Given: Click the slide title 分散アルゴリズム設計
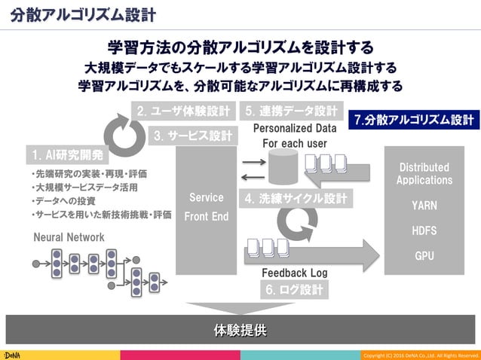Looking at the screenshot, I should pyautogui.click(x=84, y=14).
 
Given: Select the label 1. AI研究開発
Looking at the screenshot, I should pyautogui.click(x=67, y=156).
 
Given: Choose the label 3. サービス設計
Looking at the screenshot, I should pyautogui.click(x=192, y=136).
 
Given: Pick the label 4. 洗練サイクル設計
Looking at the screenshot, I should pyautogui.click(x=296, y=200).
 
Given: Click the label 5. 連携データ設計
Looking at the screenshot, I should pyautogui.click(x=291, y=111).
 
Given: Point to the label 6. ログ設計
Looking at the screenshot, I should pyautogui.click(x=294, y=289).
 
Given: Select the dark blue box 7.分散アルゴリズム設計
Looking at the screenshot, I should pyautogui.click(x=414, y=120).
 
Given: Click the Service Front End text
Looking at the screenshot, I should pyautogui.click(x=206, y=207).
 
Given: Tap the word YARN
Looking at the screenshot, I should pyautogui.click(x=424, y=206).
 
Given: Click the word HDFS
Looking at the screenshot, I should pyautogui.click(x=424, y=230).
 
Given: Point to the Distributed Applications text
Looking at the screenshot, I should pyautogui.click(x=424, y=173).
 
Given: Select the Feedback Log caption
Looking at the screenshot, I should pyautogui.click(x=294, y=272).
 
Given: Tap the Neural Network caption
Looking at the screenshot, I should pyautogui.click(x=69, y=237).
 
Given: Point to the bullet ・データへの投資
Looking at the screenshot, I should pyautogui.click(x=63, y=201).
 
